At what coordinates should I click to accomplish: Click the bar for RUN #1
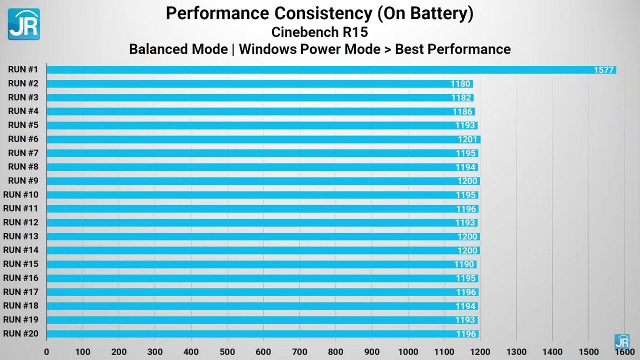(x=330, y=70)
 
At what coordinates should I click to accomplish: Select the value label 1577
(x=603, y=70)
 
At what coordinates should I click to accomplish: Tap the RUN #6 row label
(x=23, y=139)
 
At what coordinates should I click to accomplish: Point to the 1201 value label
(x=467, y=139)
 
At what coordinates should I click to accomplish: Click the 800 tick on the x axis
(x=335, y=351)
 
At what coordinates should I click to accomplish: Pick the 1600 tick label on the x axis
(x=624, y=351)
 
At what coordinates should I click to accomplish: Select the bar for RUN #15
(x=260, y=264)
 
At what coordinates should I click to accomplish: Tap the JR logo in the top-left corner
(x=23, y=24)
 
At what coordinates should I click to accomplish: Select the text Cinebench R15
(x=319, y=32)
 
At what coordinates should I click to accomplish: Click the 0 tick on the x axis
(x=47, y=351)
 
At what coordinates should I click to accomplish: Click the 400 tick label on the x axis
(x=191, y=351)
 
